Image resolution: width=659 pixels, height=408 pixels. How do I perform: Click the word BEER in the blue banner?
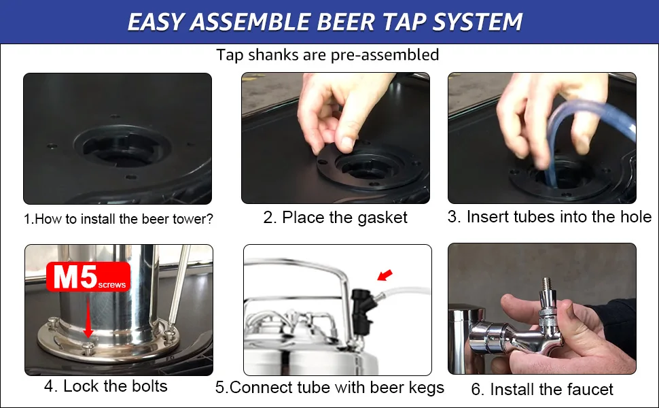coord(345,22)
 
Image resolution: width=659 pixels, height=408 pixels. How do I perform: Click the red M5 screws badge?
coord(88,277)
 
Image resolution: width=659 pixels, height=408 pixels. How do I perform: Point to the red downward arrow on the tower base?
coord(88,317)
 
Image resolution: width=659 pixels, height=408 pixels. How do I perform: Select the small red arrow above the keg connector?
coord(385,275)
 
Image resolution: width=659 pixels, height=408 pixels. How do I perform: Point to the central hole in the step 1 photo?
coord(122,150)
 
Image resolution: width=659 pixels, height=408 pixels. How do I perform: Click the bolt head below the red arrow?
coord(88,347)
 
